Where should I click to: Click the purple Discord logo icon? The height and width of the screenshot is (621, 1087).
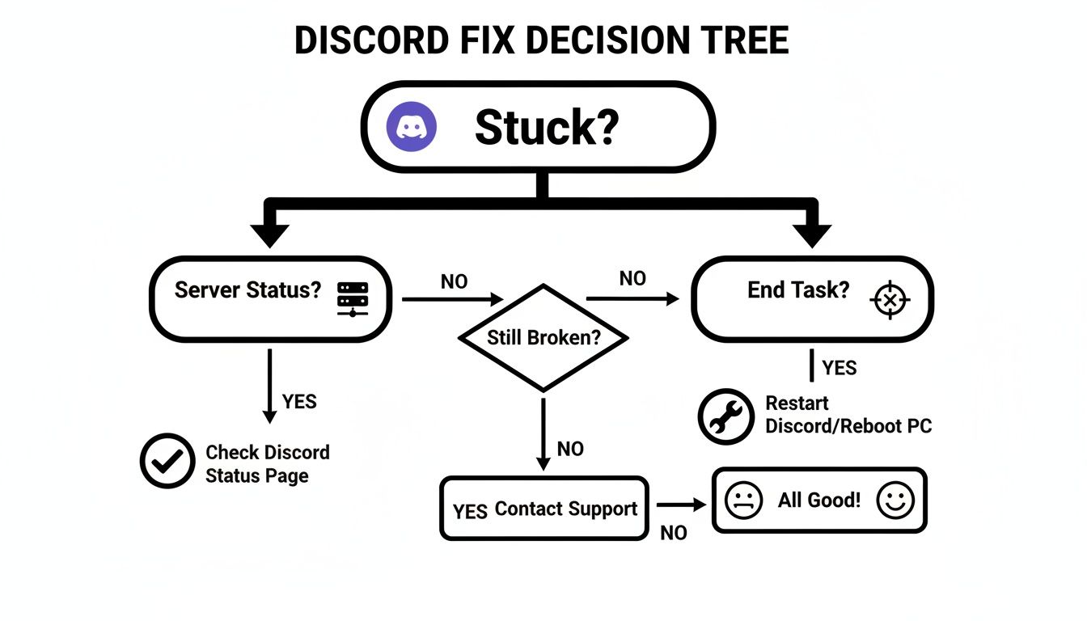[x=412, y=127]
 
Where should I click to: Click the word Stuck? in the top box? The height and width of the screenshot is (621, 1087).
[x=547, y=128]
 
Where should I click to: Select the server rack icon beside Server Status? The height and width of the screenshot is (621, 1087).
[x=353, y=298]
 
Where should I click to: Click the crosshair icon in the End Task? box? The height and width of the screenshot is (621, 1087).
[x=889, y=300]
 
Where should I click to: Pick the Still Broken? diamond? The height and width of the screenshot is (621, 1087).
[x=543, y=337]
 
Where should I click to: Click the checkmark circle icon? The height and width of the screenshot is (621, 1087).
[x=167, y=461]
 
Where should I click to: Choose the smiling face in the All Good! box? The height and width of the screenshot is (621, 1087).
[x=895, y=501]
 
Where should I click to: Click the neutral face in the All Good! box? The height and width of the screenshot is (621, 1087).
[x=744, y=501]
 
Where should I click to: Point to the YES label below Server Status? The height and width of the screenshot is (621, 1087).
[x=299, y=401]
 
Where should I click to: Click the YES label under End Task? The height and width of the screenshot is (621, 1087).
[x=839, y=369]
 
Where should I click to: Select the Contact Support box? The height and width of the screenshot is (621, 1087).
[x=544, y=509]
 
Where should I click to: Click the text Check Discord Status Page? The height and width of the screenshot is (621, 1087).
[x=267, y=464]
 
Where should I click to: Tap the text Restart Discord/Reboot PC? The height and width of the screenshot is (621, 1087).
[x=848, y=414]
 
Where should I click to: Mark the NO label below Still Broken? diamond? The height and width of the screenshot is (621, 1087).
[x=570, y=449]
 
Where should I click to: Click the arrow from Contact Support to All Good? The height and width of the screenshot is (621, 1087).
[x=681, y=505]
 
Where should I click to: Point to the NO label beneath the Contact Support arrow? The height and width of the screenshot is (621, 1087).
[x=674, y=534]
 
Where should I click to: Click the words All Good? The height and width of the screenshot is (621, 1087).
[x=818, y=500]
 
